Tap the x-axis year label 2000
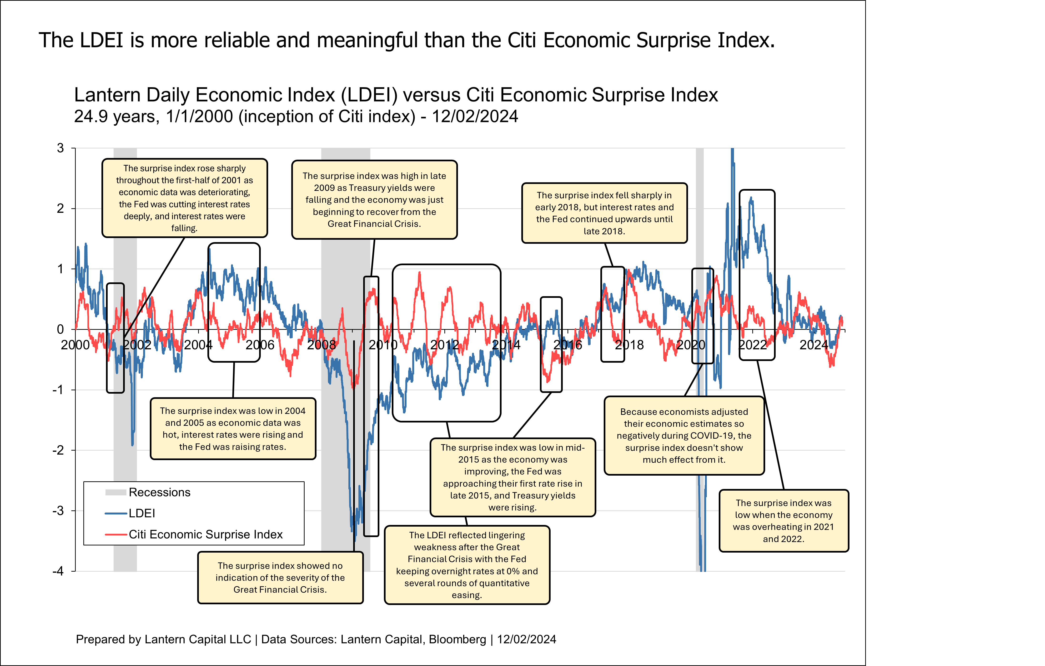[75, 345]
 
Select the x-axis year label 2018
[629, 345]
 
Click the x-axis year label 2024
[814, 345]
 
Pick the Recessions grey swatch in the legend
[116, 492]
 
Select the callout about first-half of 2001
[184, 198]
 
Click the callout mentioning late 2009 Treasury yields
[374, 200]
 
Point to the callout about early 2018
[604, 213]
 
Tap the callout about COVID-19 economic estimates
[684, 436]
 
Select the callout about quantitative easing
[467, 565]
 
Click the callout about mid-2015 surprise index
[512, 477]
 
